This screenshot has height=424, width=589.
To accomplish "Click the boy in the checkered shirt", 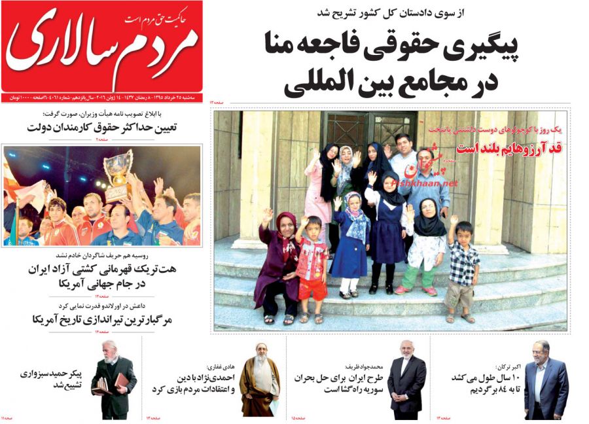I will click(x=463, y=268).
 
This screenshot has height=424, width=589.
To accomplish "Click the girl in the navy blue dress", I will click(x=388, y=229).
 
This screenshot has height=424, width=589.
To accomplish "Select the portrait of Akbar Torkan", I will click(x=545, y=381).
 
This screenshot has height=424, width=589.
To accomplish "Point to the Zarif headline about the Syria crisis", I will click(x=340, y=384).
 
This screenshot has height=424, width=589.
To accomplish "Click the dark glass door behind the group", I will click(x=372, y=131).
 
